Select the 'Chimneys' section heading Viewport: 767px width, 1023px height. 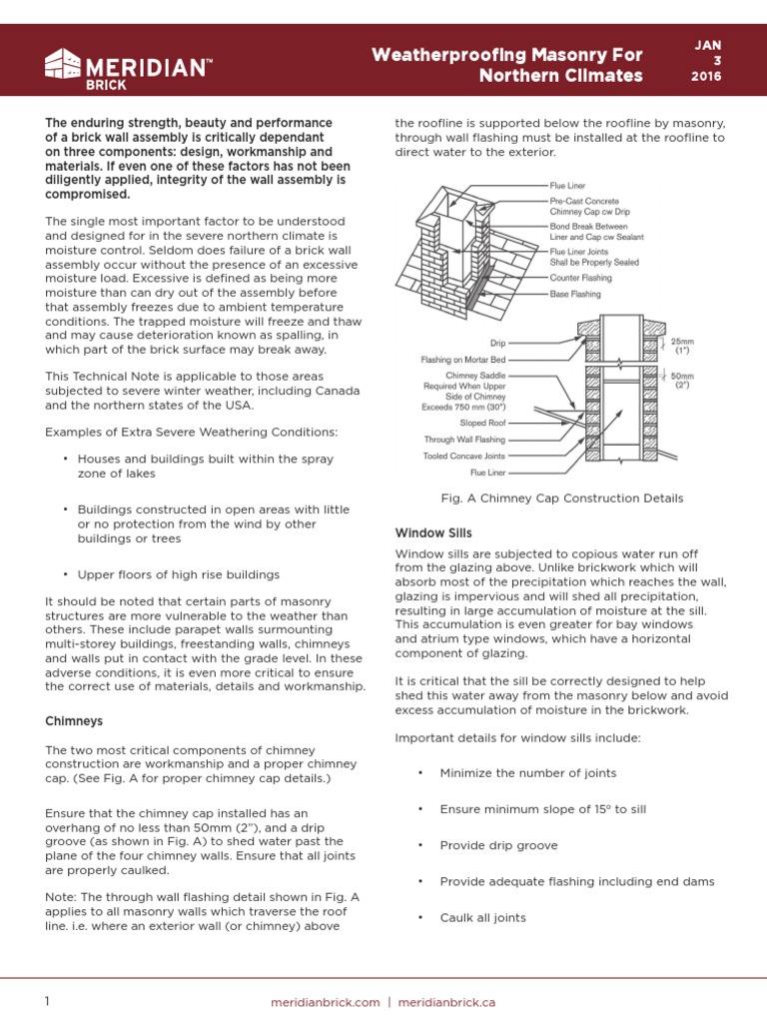coord(74,720)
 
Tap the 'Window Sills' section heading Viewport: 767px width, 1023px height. coord(433,532)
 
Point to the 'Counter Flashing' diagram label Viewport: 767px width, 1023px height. coord(581,278)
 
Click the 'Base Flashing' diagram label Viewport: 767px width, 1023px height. coord(575,295)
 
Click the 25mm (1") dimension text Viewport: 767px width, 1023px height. coord(683,346)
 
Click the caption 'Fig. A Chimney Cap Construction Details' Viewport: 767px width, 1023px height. coord(562,498)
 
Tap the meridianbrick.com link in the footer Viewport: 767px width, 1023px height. coord(326,1002)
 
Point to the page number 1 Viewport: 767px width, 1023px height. coord(47,1002)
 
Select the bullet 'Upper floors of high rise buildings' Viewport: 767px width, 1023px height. coord(179,574)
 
